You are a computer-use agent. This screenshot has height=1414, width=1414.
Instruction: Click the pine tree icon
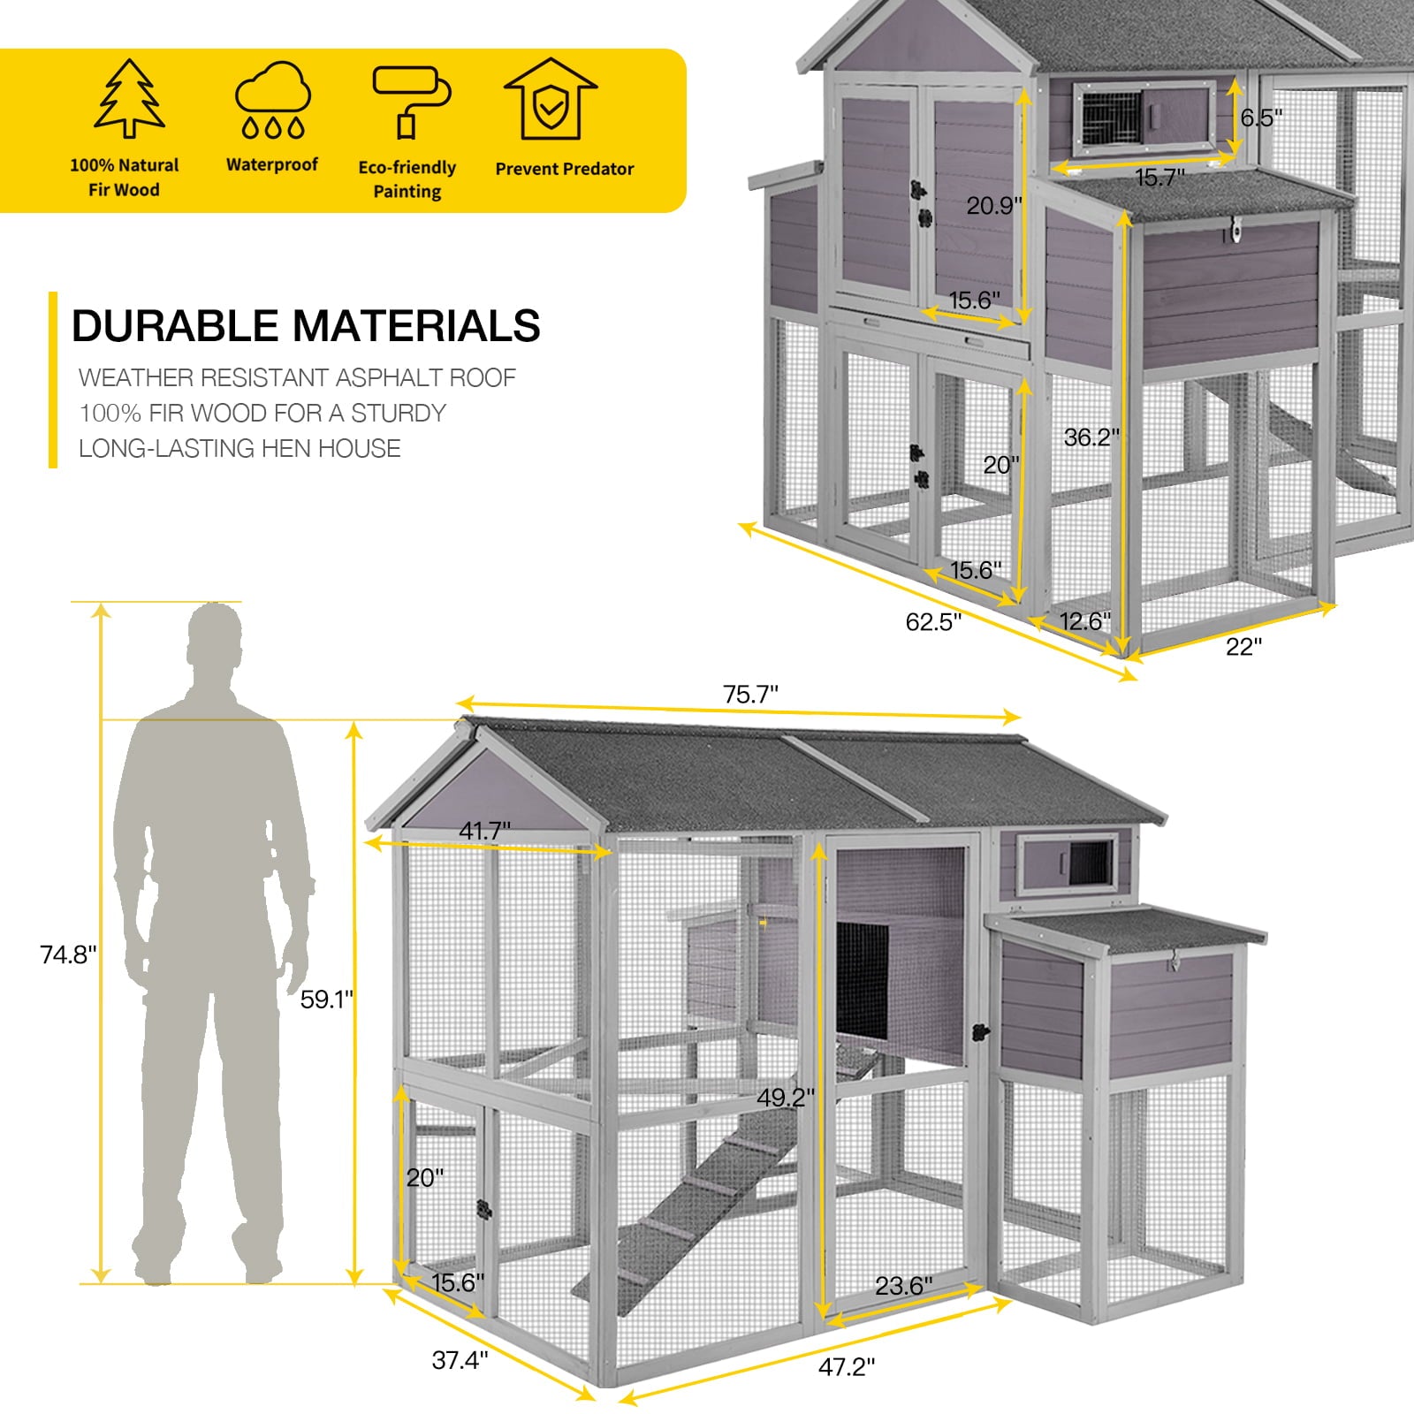pos(129,99)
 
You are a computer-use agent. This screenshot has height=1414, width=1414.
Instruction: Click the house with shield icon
pos(551,99)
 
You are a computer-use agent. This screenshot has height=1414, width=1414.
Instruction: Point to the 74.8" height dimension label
pos(68,954)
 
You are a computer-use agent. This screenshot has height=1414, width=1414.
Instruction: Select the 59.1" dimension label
pos(326,1000)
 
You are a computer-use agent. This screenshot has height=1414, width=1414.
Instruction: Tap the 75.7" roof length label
pos(750,695)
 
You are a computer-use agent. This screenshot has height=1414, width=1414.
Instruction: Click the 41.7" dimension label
pos(484,831)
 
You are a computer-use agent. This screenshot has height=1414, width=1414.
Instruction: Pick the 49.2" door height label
pos(785,1098)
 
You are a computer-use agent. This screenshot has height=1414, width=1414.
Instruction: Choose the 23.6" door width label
pos(903,1285)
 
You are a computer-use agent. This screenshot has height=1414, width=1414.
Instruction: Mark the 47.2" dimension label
pos(846,1367)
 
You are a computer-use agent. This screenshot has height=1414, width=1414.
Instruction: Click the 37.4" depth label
pos(460,1359)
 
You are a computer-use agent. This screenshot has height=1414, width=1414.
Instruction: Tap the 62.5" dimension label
pos(933,622)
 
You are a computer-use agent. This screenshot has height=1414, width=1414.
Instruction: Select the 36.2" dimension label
pos(1091,437)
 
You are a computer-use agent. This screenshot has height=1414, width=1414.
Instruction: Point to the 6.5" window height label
pos(1261,118)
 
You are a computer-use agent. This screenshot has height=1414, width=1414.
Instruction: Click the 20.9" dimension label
pos(993,206)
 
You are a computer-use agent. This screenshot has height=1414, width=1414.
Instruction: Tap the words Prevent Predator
pos(564,169)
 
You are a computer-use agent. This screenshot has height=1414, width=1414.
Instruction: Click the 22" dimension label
pos(1243,647)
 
